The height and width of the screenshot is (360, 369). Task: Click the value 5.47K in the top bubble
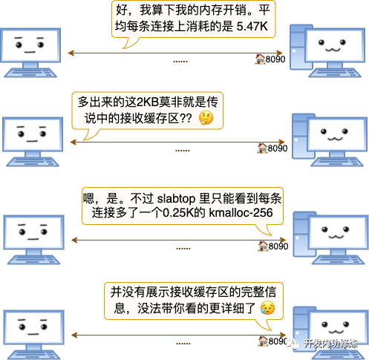[x=252, y=26]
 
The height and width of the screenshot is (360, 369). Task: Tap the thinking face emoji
[x=206, y=118]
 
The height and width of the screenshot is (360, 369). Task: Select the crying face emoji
[x=267, y=308]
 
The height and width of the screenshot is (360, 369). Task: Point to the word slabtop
[x=176, y=199]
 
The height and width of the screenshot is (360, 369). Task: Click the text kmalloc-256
[x=241, y=213]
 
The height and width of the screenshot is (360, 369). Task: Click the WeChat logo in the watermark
[x=294, y=344]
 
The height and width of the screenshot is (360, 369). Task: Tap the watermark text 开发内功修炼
[x=330, y=344]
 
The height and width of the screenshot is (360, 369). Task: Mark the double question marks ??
[x=186, y=118]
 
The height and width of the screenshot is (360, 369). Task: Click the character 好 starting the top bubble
[x=122, y=10]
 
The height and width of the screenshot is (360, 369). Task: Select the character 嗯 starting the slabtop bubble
[x=88, y=198]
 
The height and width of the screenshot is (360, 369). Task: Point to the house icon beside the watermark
[x=263, y=341]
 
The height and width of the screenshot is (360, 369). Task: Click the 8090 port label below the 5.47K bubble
[x=275, y=59]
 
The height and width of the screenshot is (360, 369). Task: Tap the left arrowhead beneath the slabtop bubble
[x=74, y=240]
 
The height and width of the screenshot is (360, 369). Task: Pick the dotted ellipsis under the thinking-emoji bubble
[x=183, y=151]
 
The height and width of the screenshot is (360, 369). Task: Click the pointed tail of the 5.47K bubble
[x=124, y=48]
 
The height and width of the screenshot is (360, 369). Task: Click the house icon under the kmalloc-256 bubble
[x=263, y=246]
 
